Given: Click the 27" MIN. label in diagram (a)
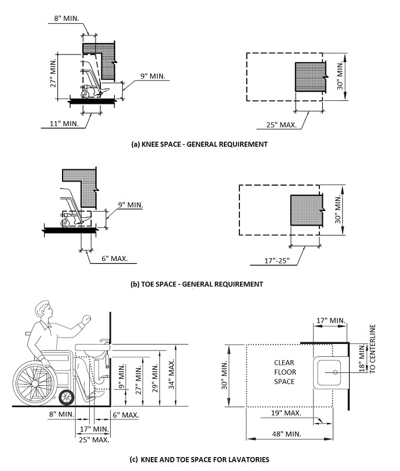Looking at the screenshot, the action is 53,73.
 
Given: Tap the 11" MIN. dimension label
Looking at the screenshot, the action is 64,124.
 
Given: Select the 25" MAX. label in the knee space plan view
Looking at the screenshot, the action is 281,125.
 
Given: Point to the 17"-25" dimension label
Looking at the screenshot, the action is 277,260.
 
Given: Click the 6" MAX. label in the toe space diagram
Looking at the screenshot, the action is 114,258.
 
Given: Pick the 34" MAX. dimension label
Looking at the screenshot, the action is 171,374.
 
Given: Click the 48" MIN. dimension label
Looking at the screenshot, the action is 286,434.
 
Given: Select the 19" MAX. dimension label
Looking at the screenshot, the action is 286,413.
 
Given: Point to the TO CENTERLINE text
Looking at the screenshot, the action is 372,349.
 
